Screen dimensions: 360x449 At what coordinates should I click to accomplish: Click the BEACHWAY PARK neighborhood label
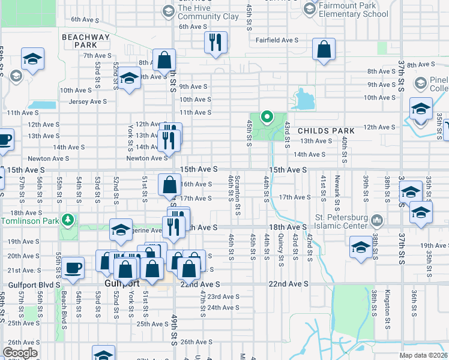[87, 41]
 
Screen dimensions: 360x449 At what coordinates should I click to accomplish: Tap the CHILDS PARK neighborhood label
[326, 130]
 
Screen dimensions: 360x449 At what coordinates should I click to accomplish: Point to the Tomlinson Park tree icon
[70, 220]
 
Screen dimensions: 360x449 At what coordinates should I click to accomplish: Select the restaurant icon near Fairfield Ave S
[214, 42]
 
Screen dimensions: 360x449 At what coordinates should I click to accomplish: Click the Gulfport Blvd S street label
[34, 284]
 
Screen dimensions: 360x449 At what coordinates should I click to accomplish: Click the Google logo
[20, 353]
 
